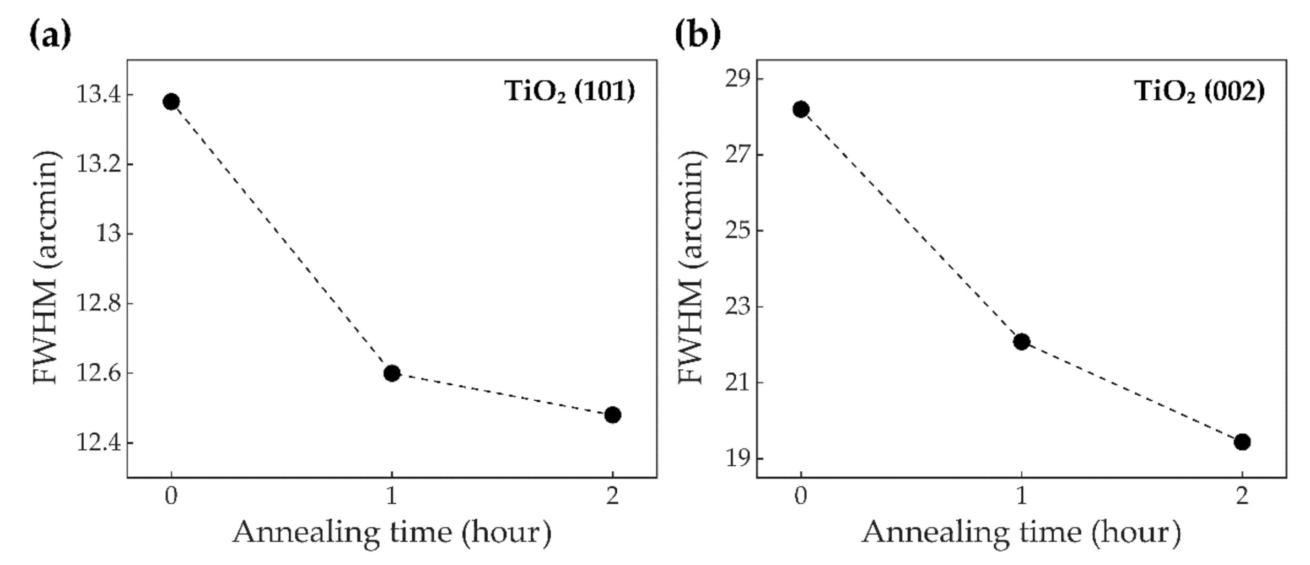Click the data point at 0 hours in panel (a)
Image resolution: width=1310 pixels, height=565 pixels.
(171, 102)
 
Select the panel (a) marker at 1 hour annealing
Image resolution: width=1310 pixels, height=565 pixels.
(391, 373)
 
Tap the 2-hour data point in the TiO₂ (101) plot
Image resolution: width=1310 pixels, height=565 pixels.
(612, 415)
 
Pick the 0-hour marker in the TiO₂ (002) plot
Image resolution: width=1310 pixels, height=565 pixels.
(801, 109)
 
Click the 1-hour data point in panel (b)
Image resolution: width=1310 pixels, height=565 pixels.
(1021, 342)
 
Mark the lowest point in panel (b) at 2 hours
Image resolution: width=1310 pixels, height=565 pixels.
(1242, 442)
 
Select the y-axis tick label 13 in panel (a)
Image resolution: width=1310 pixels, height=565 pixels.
(108, 234)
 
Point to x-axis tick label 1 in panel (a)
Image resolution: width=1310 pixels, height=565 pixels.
(391, 497)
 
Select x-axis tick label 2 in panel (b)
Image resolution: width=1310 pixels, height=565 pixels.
(1242, 497)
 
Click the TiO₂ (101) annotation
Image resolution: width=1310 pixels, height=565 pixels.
(570, 91)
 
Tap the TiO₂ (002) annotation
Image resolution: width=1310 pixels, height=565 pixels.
(1199, 91)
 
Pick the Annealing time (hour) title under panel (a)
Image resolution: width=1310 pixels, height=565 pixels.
(391, 533)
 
